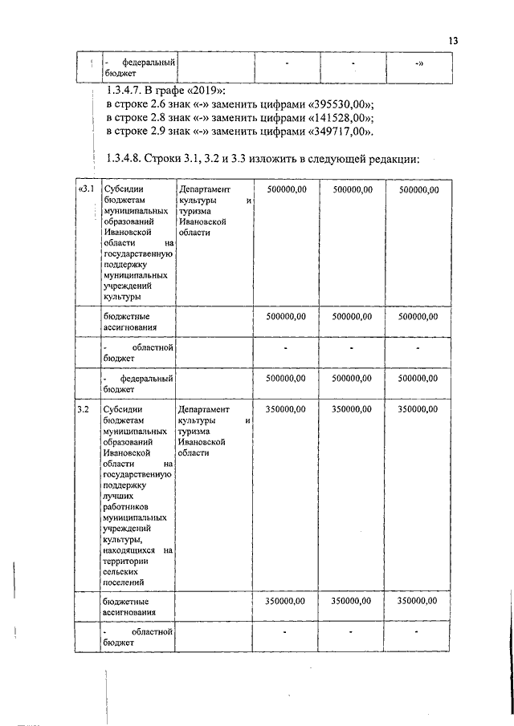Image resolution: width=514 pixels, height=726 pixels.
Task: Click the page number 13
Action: (x=453, y=41)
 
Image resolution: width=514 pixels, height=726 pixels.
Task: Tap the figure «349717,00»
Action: (x=341, y=132)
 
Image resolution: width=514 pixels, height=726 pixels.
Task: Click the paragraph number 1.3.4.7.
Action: (x=127, y=91)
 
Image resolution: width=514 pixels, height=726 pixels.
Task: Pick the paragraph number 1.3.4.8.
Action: (x=127, y=159)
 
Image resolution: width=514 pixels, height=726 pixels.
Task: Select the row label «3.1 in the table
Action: (x=86, y=189)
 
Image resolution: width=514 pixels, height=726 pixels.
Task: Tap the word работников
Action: (x=126, y=509)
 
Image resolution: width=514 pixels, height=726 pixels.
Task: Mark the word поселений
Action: (x=124, y=583)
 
